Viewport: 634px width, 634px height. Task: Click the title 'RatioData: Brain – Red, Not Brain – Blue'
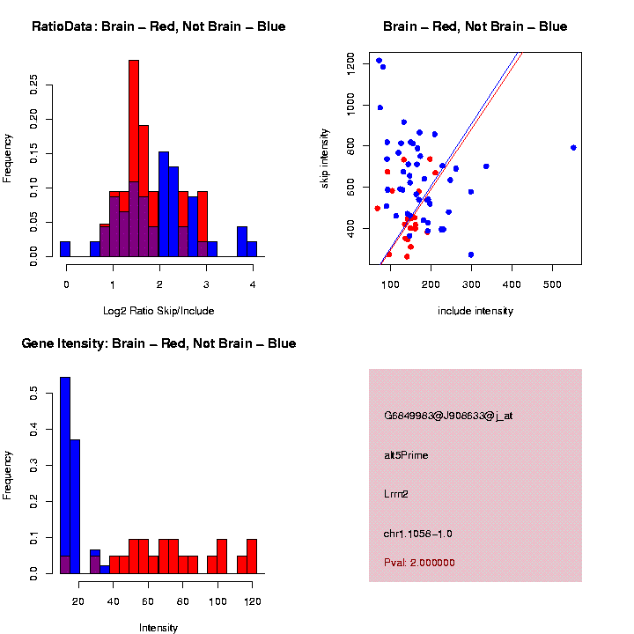click(158, 26)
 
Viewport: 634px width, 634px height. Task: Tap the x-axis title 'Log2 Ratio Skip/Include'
click(158, 311)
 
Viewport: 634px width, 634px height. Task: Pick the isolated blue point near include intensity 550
click(573, 148)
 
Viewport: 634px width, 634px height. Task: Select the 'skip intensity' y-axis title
click(325, 156)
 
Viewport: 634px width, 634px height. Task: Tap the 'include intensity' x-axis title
click(475, 311)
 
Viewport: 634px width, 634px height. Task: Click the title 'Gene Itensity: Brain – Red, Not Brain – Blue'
click(158, 343)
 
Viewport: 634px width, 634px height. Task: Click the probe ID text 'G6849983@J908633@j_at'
click(448, 416)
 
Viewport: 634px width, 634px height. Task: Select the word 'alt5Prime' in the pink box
click(406, 455)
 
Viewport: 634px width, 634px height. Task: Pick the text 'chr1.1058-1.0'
click(418, 534)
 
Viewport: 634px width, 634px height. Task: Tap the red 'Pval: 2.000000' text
click(419, 563)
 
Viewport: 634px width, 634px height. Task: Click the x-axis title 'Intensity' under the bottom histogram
click(158, 628)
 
